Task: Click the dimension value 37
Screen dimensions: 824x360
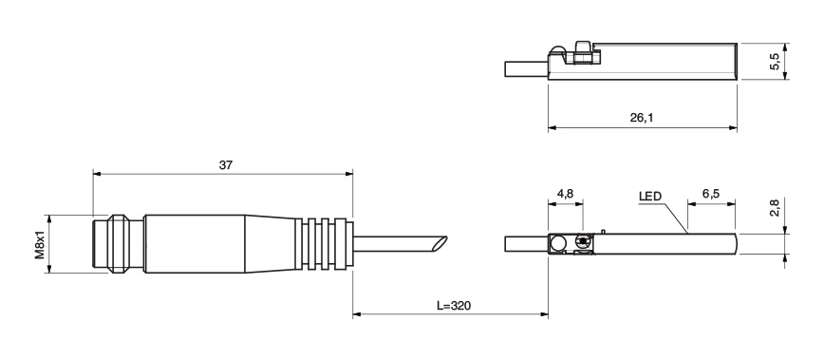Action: pos(225,164)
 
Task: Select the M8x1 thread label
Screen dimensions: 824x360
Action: pos(40,244)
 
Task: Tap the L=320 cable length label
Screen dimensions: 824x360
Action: pos(454,305)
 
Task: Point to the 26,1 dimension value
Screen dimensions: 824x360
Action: pos(642,118)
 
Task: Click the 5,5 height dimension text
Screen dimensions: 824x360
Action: pos(776,61)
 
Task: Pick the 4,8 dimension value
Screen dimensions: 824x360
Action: pos(566,194)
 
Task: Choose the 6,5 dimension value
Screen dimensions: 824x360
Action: pos(711,194)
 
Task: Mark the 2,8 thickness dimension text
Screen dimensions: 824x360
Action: pos(776,208)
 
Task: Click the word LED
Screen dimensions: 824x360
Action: pos(650,197)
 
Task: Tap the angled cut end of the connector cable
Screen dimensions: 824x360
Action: pos(440,243)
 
